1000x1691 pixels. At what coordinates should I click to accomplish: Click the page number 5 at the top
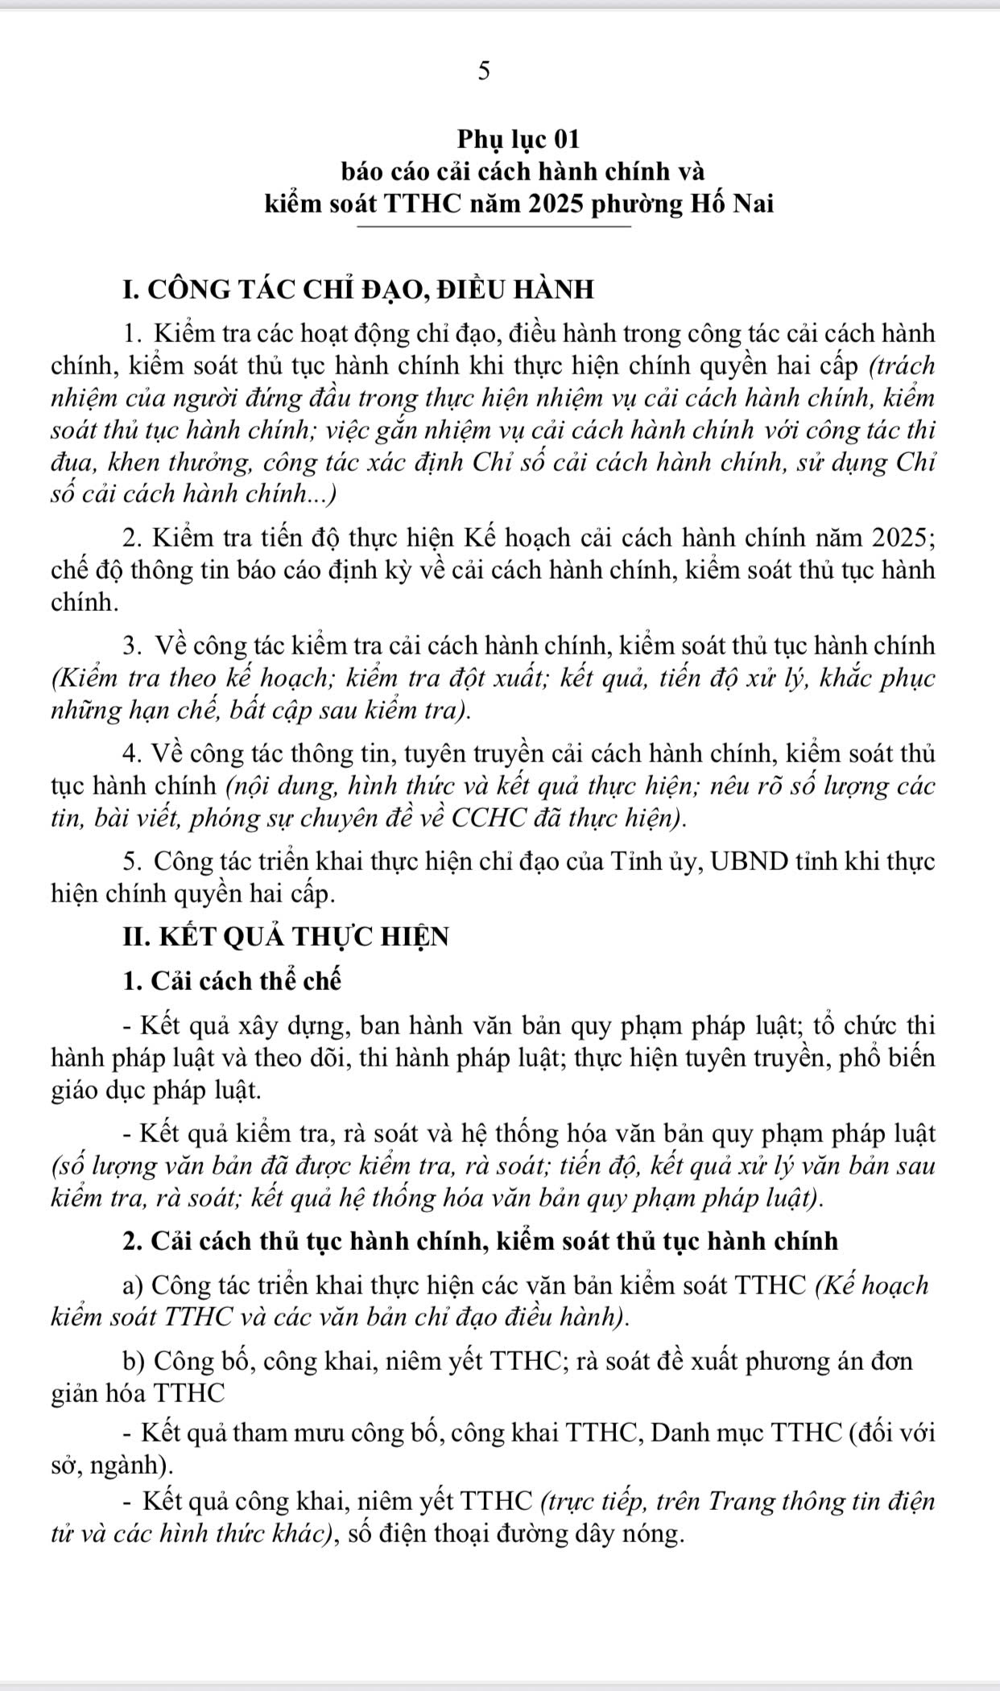click(483, 72)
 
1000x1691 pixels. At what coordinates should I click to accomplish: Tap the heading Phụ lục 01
click(519, 139)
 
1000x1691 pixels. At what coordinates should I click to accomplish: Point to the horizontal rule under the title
click(494, 227)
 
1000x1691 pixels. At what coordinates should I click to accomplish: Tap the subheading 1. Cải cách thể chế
click(233, 982)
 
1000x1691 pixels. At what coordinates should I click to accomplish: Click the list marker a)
click(133, 1285)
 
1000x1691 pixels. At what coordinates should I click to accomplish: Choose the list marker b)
click(134, 1361)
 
